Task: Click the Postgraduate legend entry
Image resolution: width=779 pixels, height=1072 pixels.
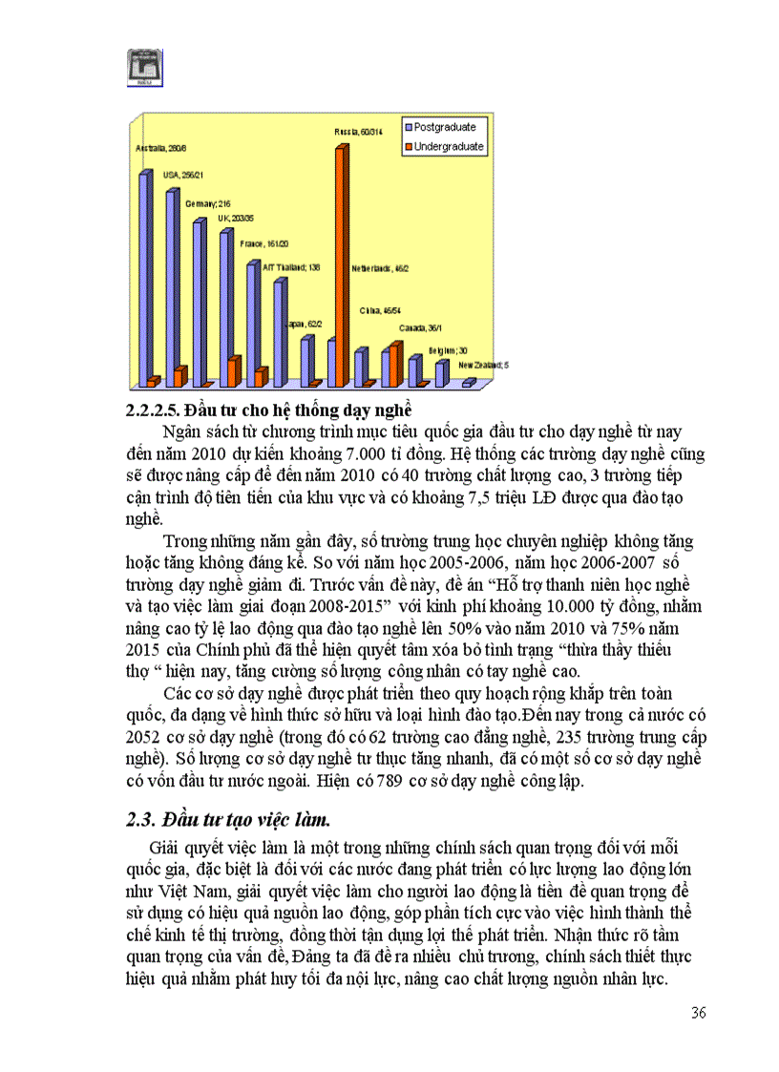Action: click(x=444, y=127)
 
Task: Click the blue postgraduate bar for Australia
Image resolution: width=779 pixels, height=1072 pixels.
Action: click(x=144, y=277)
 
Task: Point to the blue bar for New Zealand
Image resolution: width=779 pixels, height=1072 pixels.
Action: click(x=467, y=383)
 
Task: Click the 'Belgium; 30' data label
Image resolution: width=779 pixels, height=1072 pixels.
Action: click(x=446, y=350)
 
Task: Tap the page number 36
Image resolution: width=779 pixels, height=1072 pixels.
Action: click(x=698, y=1013)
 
